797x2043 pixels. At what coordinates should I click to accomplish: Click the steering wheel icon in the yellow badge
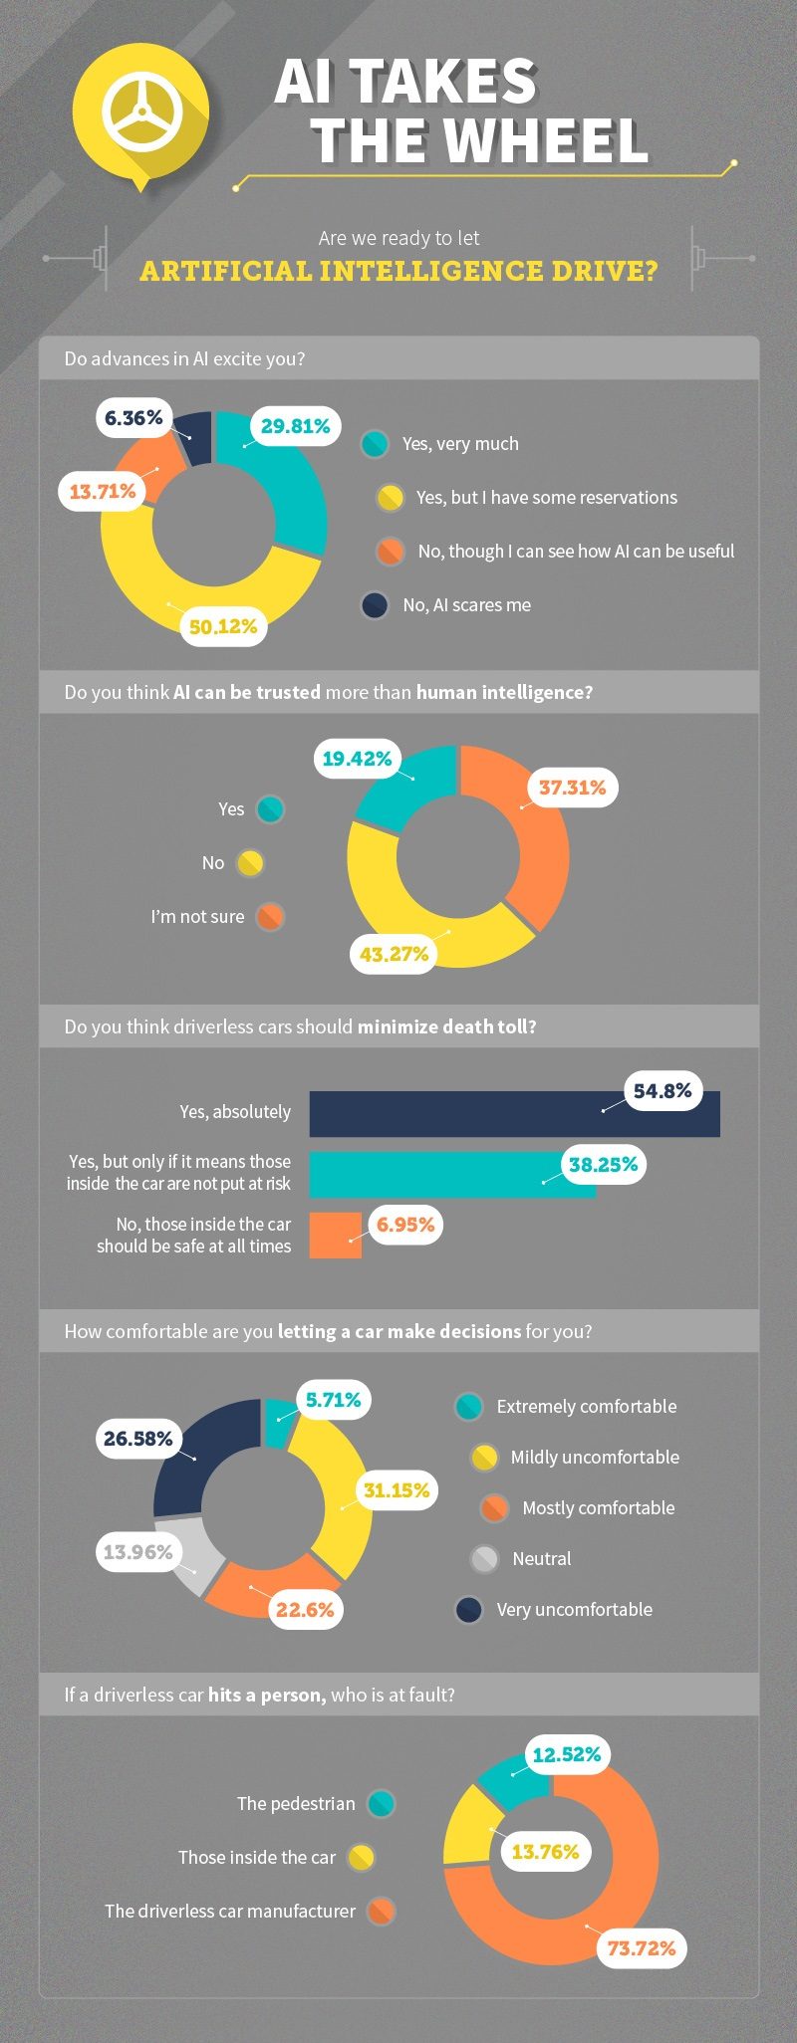coord(141,113)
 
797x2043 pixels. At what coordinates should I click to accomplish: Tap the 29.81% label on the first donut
coord(296,426)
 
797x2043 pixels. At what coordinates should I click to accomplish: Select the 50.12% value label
coord(223,626)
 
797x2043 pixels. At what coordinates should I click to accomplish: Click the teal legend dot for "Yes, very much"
coord(375,444)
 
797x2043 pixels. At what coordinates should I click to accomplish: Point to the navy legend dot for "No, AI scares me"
coord(375,605)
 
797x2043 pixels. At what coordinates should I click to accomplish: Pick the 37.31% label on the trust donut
coord(573,788)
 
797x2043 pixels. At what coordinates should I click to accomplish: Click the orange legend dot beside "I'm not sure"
coord(269,917)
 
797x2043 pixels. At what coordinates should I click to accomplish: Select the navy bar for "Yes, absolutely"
coord(514,1114)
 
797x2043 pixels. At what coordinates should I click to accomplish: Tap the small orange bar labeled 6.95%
coord(335,1236)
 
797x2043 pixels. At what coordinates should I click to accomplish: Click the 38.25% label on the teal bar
coord(603,1165)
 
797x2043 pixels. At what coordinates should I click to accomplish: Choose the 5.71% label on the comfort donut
coord(334,1400)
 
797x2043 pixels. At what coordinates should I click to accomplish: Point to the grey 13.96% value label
coord(138,1552)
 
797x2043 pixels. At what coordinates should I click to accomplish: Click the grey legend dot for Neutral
coord(484,1559)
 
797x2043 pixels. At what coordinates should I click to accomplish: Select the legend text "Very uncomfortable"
coord(575,1610)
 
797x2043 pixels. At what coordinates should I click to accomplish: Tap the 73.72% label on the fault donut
coord(642,1948)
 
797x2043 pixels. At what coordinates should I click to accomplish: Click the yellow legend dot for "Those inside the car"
coord(361,1858)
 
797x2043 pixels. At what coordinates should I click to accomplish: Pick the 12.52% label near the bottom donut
coord(567,1754)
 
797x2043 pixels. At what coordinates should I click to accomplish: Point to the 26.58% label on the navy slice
coord(138,1439)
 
